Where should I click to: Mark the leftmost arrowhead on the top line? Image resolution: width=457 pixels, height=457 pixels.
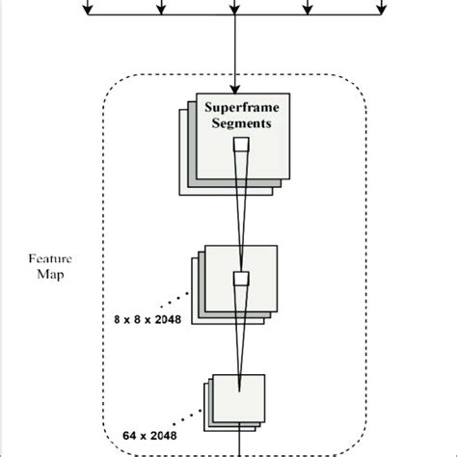(88, 11)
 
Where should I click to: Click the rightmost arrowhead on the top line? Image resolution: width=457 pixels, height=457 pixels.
(381, 11)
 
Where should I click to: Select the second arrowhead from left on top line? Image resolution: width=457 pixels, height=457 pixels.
(161, 11)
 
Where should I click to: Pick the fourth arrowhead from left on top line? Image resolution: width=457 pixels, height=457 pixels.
(309, 11)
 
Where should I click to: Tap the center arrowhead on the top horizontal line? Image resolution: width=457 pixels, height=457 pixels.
(235, 11)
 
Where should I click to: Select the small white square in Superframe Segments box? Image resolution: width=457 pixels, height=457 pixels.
(241, 145)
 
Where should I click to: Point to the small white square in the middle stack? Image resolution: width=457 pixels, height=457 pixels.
(242, 280)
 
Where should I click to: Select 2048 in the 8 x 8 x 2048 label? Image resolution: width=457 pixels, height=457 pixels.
(175, 315)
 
